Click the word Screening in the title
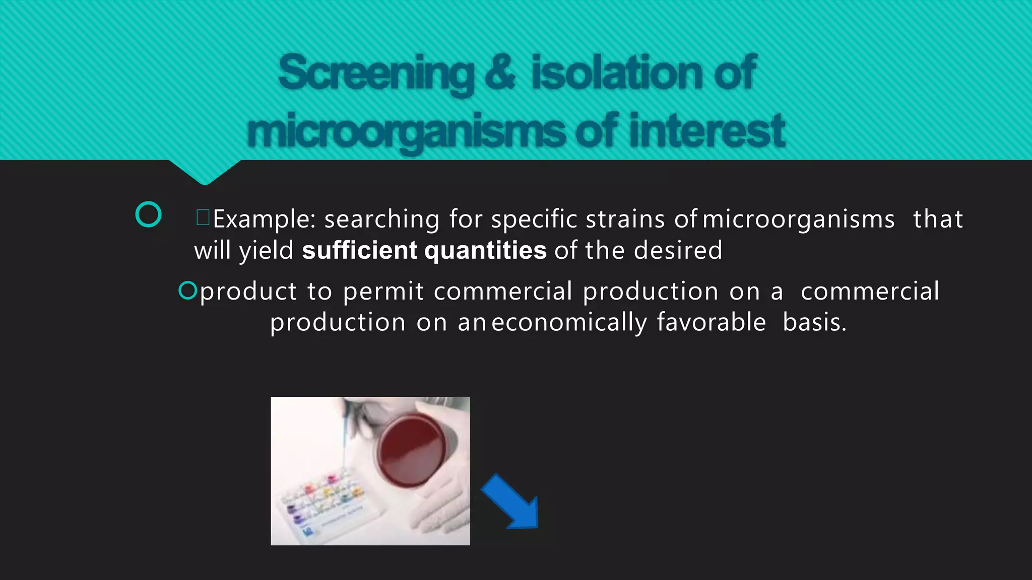[376, 74]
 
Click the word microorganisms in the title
[406, 131]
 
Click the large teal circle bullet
[149, 214]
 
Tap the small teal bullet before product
[187, 291]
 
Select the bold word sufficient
[360, 250]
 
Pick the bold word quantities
[485, 251]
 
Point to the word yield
[266, 251]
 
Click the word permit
[383, 292]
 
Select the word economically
[569, 323]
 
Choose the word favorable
[711, 322]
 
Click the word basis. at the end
[814, 323]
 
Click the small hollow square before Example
[203, 217]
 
